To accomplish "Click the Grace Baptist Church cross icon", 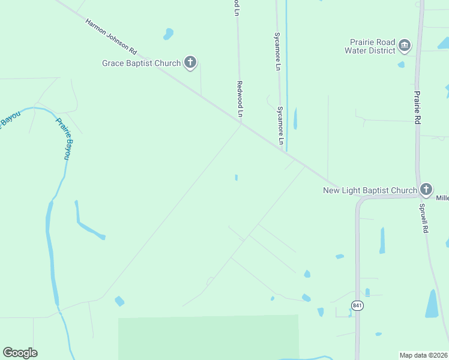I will [x=190, y=62].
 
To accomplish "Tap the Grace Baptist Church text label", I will [x=141, y=63].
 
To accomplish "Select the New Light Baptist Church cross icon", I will [x=426, y=190].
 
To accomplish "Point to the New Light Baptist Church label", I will [x=370, y=191].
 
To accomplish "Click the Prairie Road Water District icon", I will [x=405, y=46].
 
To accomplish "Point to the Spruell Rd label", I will [x=424, y=217].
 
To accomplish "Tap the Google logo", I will [x=20, y=353].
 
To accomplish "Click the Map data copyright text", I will [x=423, y=355].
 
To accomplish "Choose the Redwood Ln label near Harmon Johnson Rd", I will [x=240, y=99].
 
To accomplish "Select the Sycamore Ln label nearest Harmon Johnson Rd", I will [x=280, y=126].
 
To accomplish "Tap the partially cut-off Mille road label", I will [x=442, y=198].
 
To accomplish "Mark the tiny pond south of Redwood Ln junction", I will [x=237, y=178].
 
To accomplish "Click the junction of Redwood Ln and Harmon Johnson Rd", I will [x=241, y=124].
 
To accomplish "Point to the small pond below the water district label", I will [x=401, y=64].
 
